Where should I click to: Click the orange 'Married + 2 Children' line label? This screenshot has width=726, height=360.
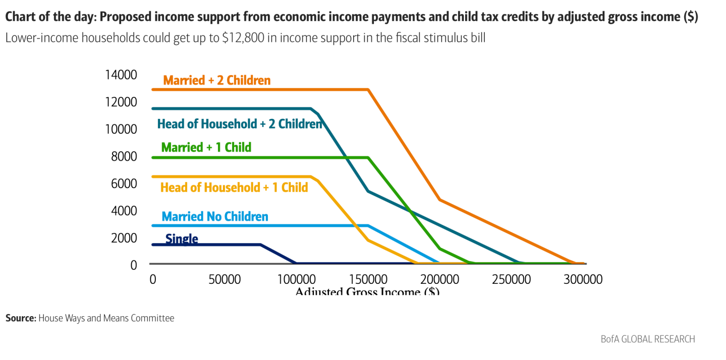(x=216, y=81)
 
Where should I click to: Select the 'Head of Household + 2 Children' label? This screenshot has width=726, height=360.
(x=239, y=124)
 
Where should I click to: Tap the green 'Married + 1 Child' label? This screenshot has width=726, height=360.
(x=206, y=148)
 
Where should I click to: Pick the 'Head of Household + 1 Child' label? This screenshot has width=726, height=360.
(x=234, y=188)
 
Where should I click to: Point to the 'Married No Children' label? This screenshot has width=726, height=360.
(x=215, y=217)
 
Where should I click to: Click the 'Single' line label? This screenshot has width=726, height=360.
(x=182, y=239)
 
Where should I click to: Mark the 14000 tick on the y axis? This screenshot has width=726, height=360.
(x=121, y=75)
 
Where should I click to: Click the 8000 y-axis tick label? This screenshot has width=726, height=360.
(x=124, y=156)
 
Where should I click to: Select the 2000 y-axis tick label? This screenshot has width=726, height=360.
(x=124, y=237)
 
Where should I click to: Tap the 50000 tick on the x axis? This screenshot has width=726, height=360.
(x=224, y=279)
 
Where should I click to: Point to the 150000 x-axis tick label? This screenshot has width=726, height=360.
(x=368, y=279)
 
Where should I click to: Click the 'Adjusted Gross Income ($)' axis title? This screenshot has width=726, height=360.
(x=367, y=291)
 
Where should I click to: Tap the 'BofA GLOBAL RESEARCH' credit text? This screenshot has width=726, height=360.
(x=648, y=339)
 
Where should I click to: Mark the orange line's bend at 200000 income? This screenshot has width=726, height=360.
(x=439, y=200)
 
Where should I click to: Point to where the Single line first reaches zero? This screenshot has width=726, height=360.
(x=296, y=263)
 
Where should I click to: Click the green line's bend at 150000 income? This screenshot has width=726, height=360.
(x=368, y=158)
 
